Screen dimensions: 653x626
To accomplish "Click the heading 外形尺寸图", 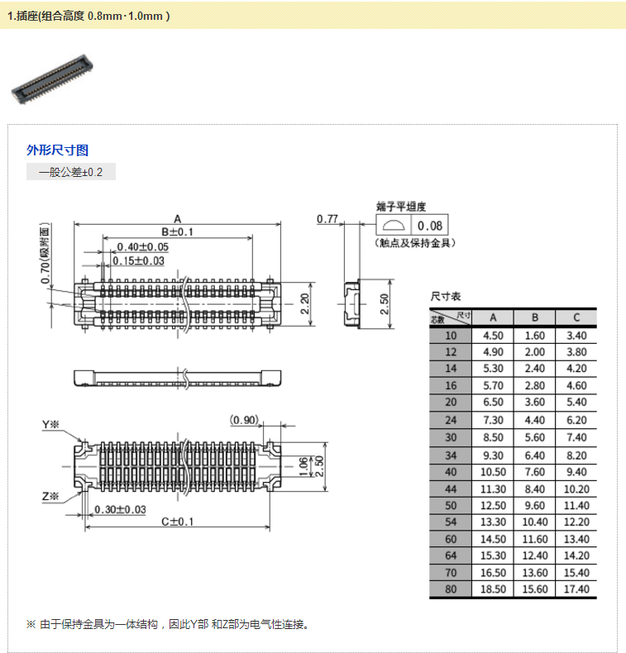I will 58,150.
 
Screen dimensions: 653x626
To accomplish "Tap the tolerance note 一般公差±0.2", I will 71,173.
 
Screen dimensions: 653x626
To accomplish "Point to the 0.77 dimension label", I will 327,219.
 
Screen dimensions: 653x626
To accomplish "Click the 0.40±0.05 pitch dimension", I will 142,247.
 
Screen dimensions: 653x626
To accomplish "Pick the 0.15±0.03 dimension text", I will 139,261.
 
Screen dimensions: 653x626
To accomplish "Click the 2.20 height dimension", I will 304,304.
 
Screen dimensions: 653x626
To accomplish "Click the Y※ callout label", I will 51,425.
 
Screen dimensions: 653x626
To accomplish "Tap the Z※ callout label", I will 51,496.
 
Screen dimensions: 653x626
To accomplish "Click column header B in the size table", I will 535,317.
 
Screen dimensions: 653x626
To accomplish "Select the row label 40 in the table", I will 450,471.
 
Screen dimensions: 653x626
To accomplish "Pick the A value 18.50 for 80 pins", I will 493,589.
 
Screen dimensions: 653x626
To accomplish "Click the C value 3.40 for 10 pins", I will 576,336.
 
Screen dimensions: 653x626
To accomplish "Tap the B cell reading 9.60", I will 535,505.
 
